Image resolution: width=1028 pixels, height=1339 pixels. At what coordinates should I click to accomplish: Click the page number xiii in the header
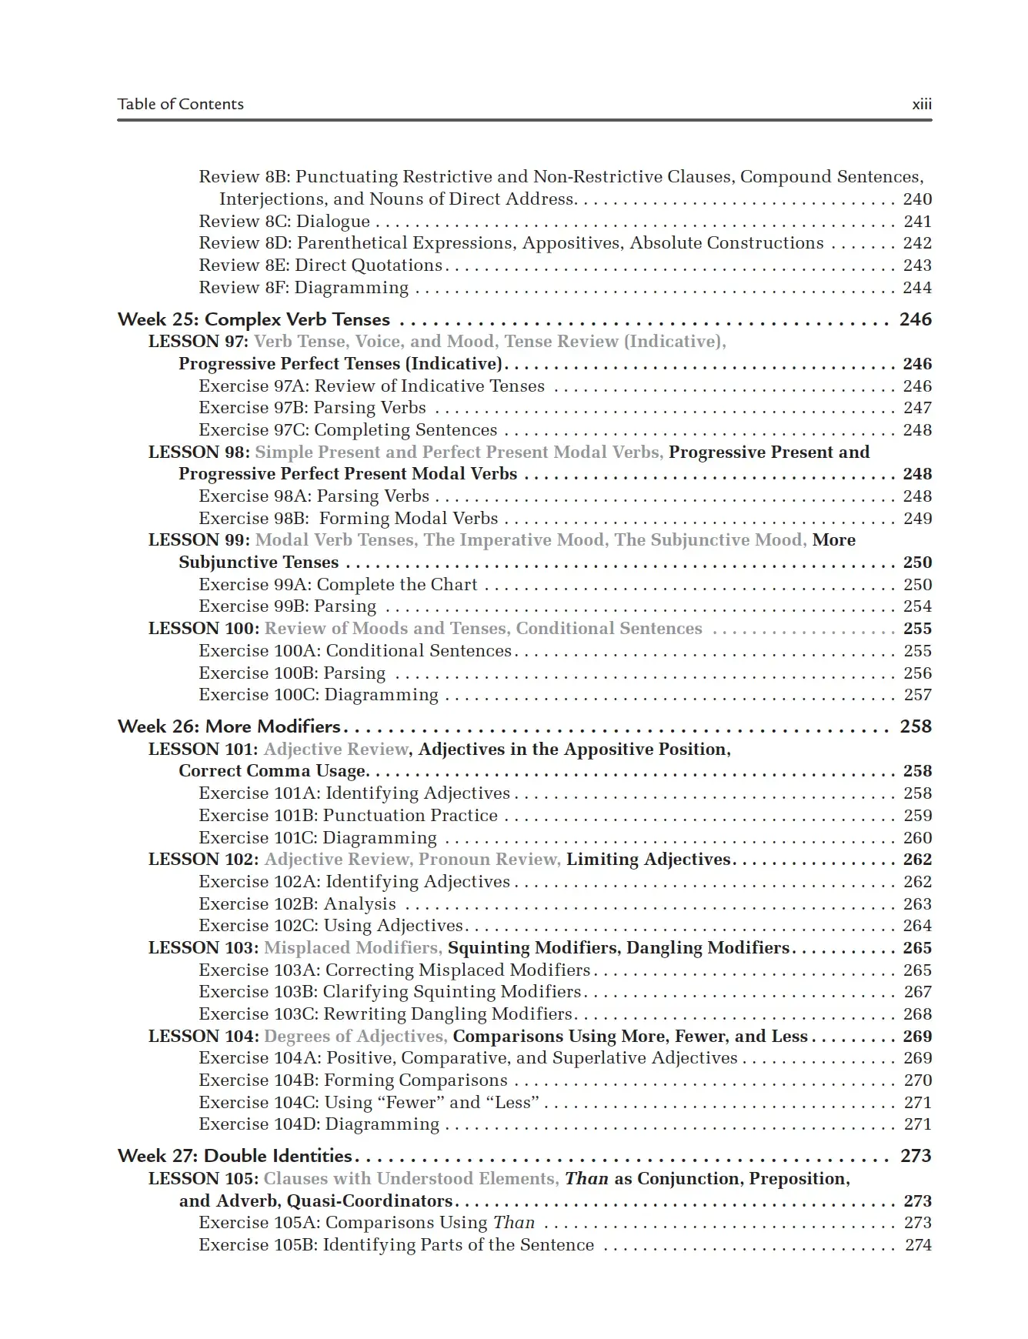click(921, 104)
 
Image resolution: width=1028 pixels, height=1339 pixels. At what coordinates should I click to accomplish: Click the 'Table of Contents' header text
click(180, 104)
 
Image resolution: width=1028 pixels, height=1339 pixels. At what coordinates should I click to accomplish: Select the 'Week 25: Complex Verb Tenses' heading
click(253, 319)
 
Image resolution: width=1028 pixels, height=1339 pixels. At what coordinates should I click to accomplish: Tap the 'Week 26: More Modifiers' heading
click(229, 726)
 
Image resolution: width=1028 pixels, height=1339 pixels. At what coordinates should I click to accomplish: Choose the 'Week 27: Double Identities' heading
click(234, 1156)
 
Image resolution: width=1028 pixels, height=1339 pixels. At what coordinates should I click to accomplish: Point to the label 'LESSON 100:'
click(204, 629)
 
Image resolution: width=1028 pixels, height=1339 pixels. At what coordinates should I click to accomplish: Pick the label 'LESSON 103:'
click(204, 948)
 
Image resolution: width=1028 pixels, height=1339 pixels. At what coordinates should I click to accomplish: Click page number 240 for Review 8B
click(917, 199)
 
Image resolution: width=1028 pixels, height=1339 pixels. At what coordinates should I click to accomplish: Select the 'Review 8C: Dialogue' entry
click(284, 222)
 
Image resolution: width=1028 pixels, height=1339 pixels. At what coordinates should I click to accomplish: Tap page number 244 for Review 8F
click(917, 288)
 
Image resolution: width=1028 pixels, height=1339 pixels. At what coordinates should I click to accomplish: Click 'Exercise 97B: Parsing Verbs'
click(312, 408)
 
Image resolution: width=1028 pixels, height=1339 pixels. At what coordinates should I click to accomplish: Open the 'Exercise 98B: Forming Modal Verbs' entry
click(348, 519)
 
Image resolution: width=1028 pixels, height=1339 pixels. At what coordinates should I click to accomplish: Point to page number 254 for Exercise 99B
click(917, 606)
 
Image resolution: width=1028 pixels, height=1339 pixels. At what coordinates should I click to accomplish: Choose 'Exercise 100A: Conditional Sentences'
click(355, 651)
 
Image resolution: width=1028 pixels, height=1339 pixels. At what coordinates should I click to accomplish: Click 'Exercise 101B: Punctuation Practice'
click(348, 816)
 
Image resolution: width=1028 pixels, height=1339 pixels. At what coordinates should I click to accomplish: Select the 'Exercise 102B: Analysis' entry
click(297, 904)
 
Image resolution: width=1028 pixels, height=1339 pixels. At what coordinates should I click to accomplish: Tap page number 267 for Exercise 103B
click(917, 992)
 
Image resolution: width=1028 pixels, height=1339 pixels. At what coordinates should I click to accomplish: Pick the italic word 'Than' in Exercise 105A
click(514, 1223)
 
